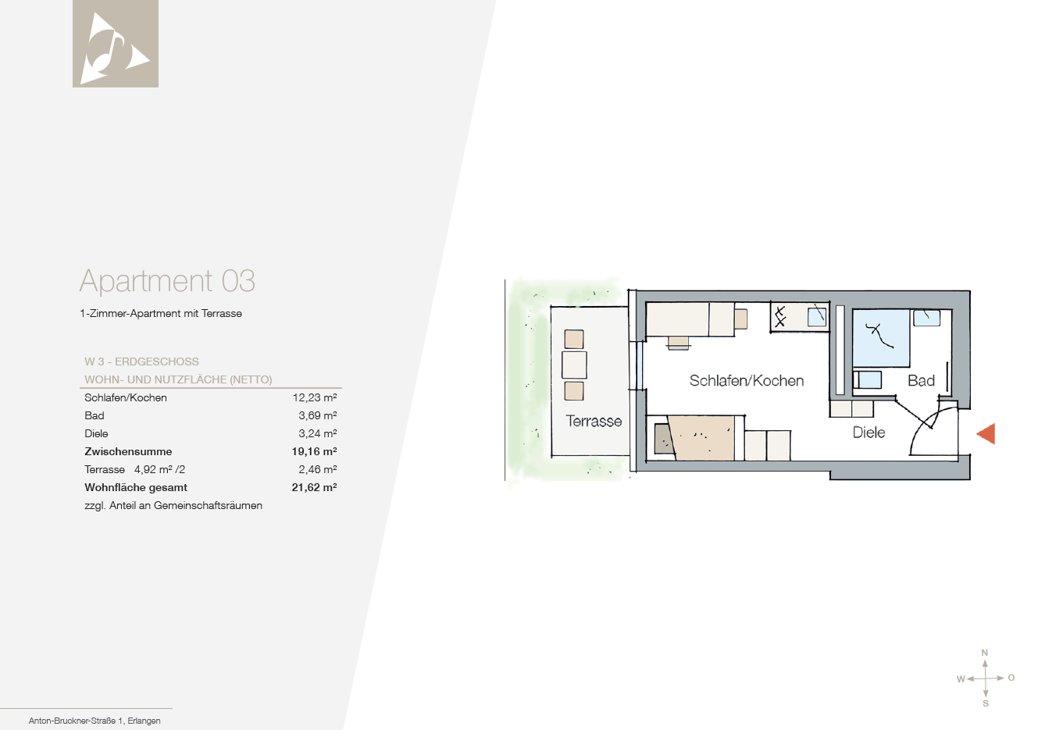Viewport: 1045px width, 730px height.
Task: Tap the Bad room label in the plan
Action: pos(921,381)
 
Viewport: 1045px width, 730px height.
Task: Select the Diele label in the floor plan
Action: pos(868,433)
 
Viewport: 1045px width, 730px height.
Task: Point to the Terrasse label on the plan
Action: pos(594,421)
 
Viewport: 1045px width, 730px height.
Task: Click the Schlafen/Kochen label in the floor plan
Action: pos(747,381)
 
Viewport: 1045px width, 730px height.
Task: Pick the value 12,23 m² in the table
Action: pos(315,397)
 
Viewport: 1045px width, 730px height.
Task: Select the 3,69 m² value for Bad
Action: pos(317,415)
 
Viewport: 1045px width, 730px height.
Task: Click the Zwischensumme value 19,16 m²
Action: pos(314,451)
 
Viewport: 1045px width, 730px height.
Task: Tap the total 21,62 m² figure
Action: pos(314,487)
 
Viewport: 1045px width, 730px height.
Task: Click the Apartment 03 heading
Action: pos(167,281)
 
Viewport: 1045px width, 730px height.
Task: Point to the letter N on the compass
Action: pos(984,653)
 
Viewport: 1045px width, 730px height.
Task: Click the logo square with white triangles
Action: pos(116,44)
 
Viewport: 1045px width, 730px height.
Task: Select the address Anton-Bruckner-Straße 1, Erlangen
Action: pos(95,721)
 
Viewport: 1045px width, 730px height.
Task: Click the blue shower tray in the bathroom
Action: pos(881,338)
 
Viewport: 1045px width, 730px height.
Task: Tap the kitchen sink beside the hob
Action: pos(817,317)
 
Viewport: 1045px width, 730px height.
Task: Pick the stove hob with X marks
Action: pos(780,317)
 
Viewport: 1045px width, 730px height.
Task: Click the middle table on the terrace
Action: pos(574,365)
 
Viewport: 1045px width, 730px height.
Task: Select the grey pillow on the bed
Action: pos(664,439)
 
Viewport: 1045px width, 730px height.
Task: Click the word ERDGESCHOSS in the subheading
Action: pos(157,361)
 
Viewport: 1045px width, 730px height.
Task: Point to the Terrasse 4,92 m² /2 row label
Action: pos(135,469)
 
